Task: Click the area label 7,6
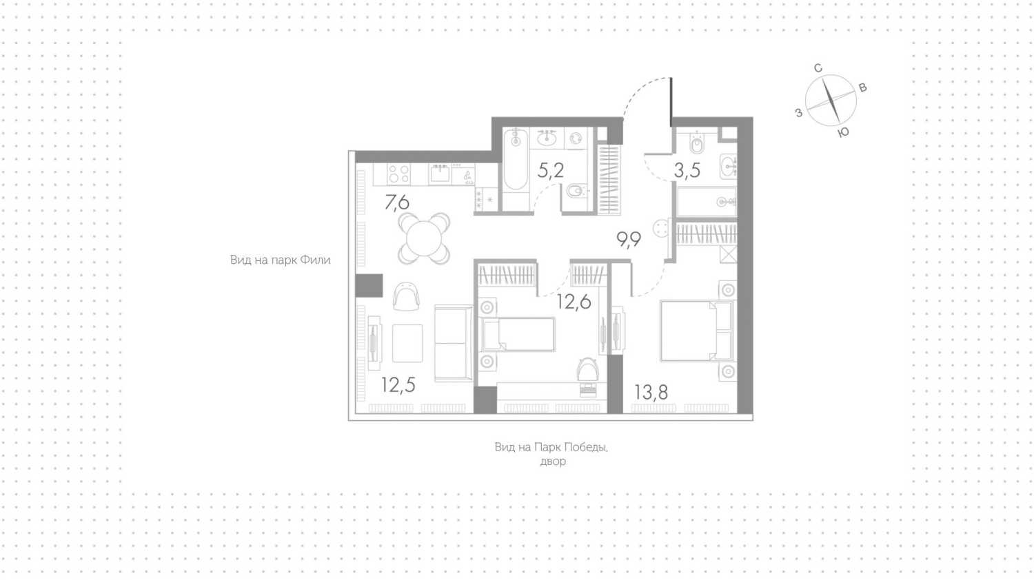point(397,203)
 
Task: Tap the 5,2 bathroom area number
point(551,171)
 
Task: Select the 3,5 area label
point(687,171)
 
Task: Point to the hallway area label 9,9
point(629,240)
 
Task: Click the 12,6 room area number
point(574,302)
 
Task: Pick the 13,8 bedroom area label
point(651,392)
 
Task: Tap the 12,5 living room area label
point(398,385)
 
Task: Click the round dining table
point(424,238)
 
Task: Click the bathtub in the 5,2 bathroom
point(516,160)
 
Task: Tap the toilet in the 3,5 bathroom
point(697,143)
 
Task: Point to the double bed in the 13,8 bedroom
point(696,331)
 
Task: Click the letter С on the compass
point(818,68)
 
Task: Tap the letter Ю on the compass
point(843,133)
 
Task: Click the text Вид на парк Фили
point(280,260)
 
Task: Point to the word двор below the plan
point(553,462)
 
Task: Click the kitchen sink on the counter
point(440,174)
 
